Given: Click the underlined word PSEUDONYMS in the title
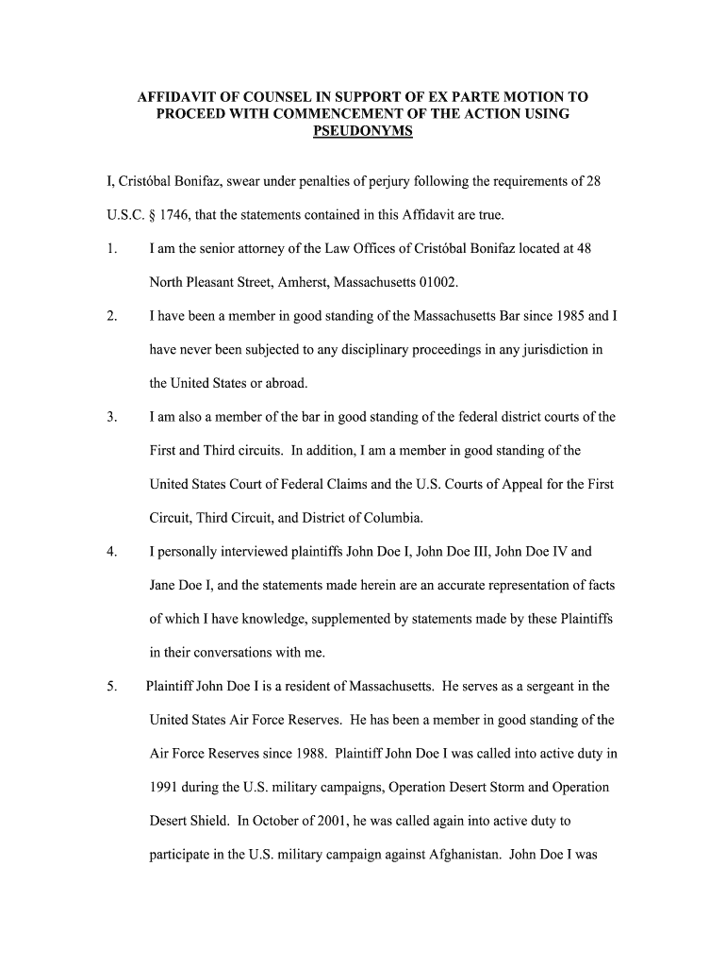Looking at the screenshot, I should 362,131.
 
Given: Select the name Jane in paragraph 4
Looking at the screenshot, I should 165,585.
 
